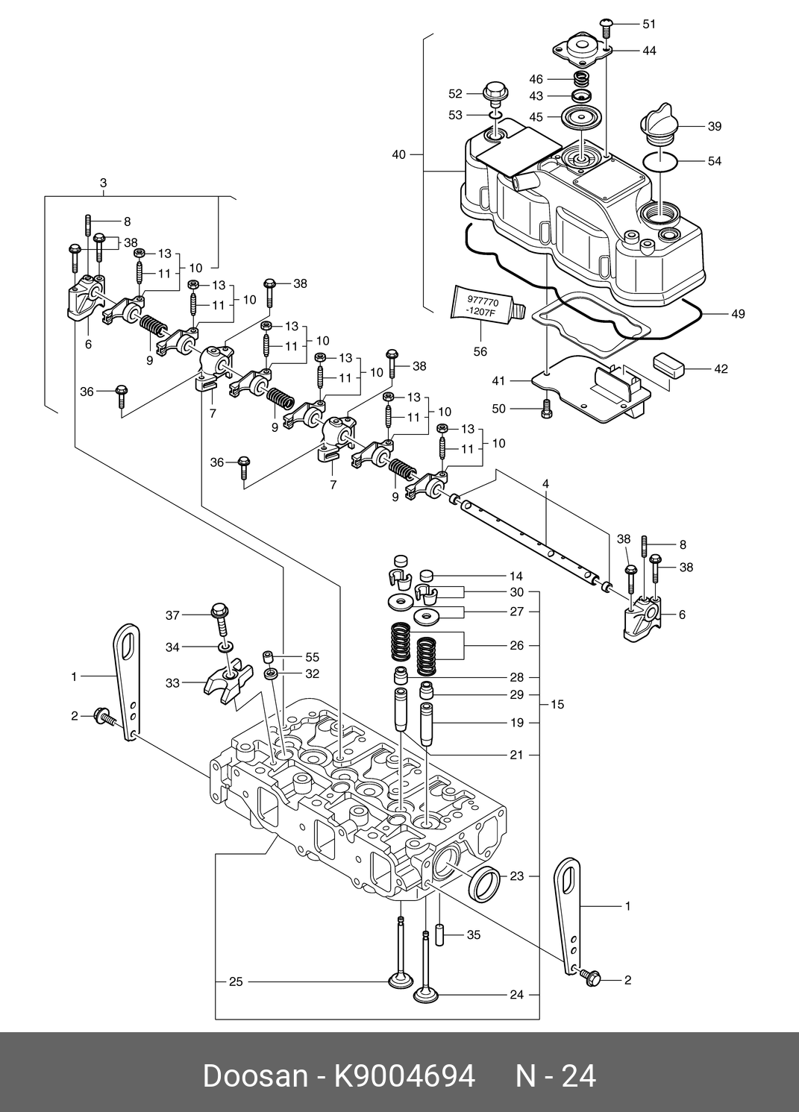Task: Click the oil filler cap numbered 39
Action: click(x=659, y=123)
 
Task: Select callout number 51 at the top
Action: click(x=649, y=24)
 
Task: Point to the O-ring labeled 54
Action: click(x=660, y=161)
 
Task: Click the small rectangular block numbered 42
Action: click(x=668, y=369)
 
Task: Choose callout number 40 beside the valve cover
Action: click(x=399, y=154)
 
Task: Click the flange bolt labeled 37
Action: click(x=221, y=620)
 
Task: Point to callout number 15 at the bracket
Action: click(x=557, y=704)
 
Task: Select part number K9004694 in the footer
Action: click(x=404, y=1077)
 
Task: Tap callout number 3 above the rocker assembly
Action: click(x=103, y=183)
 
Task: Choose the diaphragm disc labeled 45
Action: click(x=579, y=117)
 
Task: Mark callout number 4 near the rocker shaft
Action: click(x=546, y=483)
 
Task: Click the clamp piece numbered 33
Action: click(x=229, y=679)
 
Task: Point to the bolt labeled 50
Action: click(x=546, y=409)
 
